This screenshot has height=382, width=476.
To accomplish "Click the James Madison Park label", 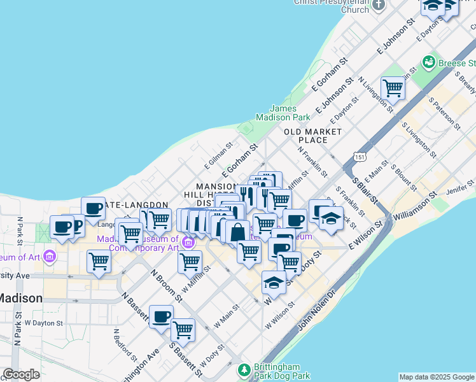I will click(283, 113).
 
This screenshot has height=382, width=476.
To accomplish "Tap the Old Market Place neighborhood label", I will click(312, 135).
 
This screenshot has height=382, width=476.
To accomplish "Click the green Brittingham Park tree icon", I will click(243, 369).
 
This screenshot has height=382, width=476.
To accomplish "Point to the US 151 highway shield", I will click(360, 157).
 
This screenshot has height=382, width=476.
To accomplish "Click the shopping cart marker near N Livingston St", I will click(393, 88).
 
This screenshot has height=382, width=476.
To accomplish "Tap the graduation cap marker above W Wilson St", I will click(274, 281).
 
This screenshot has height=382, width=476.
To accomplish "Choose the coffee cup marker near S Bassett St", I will click(161, 316).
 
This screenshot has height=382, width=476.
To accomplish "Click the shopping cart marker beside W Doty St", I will click(183, 329).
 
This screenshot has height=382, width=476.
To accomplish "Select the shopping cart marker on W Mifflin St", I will click(190, 261).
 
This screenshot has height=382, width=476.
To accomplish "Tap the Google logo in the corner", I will click(21, 374).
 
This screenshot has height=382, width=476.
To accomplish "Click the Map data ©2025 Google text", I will click(436, 377).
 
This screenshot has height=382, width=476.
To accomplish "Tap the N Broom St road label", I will click(167, 285).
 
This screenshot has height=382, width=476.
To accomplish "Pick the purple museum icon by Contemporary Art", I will click(188, 242).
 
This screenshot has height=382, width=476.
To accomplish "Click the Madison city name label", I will click(21, 298).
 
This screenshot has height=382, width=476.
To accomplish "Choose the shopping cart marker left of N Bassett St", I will click(99, 260).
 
